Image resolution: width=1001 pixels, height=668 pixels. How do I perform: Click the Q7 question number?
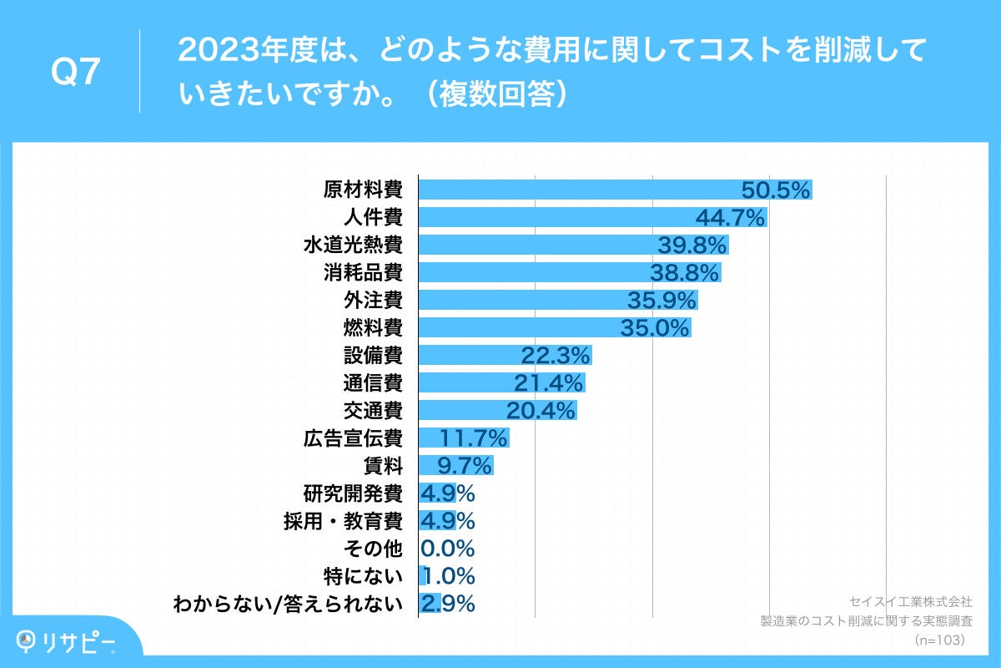76,73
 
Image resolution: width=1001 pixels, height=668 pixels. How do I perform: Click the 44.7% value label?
731,218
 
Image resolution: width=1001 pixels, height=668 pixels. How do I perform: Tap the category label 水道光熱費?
353,245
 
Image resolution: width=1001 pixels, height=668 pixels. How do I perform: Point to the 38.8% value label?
684,273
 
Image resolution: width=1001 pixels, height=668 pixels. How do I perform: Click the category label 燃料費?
373,328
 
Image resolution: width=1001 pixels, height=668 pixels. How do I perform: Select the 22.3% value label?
556,356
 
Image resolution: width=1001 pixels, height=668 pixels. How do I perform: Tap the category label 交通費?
373,411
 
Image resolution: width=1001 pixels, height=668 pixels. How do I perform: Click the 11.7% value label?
473,438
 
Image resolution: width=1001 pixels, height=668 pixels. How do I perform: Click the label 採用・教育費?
343,521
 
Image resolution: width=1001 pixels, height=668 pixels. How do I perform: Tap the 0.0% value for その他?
448,549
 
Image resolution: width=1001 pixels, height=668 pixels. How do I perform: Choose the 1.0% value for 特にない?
448,576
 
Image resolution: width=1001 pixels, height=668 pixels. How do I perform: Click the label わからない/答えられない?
287,604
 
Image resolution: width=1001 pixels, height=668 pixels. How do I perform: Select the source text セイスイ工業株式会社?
910,601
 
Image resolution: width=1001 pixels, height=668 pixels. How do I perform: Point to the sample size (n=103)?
939,640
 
